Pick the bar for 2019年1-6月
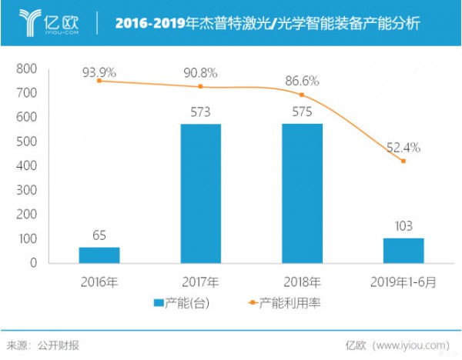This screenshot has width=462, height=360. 403,250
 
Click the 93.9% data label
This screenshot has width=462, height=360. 99,72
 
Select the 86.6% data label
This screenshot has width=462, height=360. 302,79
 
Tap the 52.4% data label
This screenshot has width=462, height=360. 403,147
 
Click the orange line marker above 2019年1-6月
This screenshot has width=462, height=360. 403,161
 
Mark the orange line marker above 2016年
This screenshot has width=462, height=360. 99,81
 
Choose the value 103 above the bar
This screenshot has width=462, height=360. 403,226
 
